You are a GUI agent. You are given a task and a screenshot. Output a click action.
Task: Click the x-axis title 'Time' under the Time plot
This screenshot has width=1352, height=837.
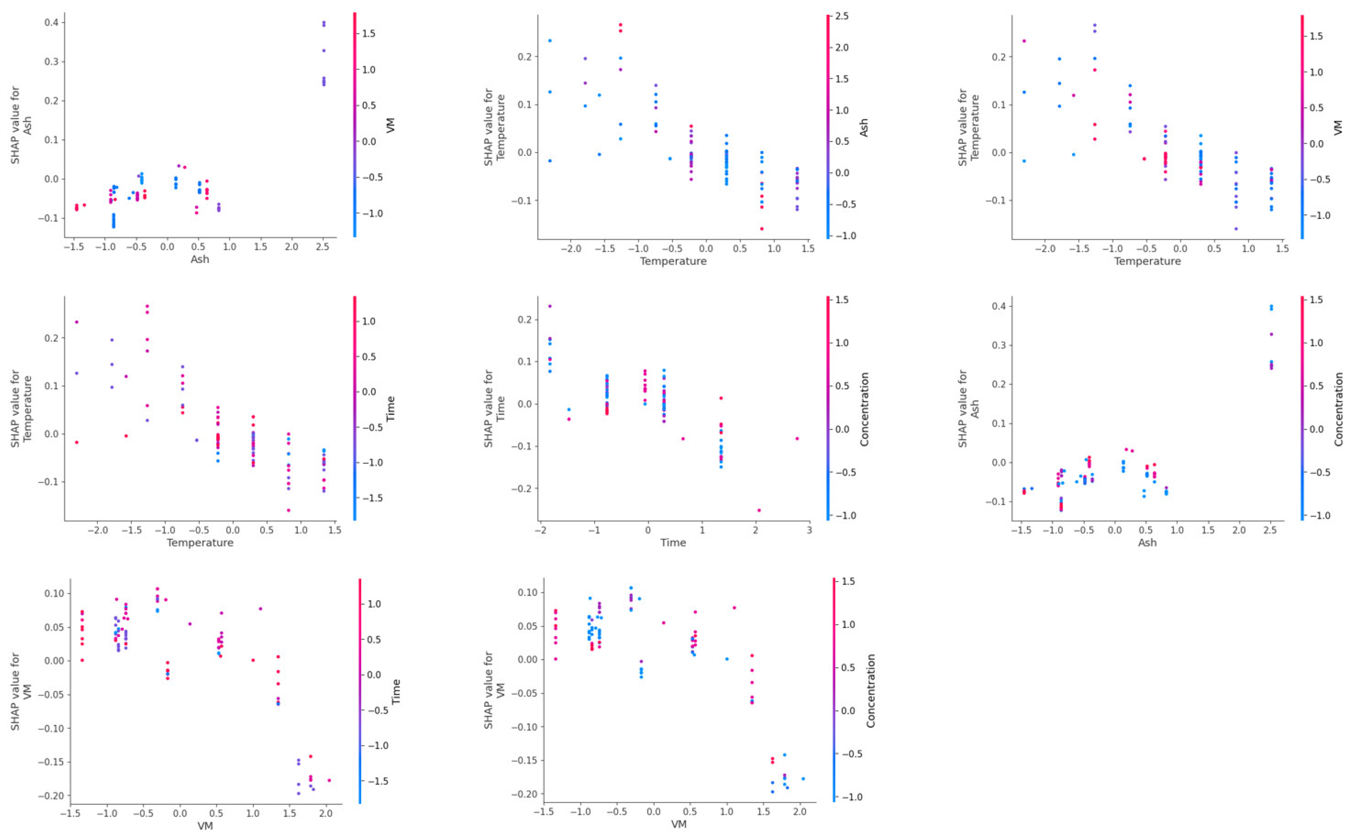click(x=673, y=542)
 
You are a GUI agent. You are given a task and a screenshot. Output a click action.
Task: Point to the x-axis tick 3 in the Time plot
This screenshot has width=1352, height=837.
click(x=809, y=530)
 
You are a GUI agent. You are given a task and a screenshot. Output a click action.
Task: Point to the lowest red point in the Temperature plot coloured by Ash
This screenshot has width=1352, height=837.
click(x=762, y=229)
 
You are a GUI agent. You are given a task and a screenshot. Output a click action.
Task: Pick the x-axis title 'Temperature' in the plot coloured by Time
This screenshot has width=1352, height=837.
click(x=200, y=542)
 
